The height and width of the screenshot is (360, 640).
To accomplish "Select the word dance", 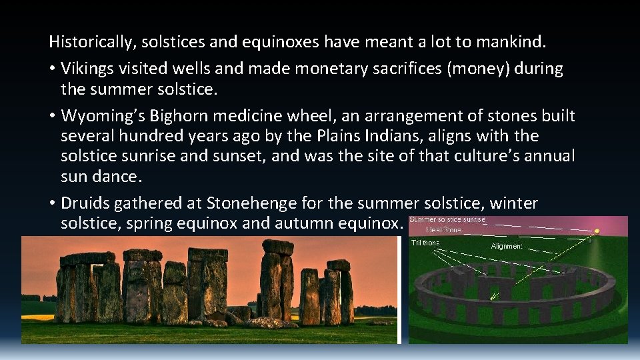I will click(x=123, y=177).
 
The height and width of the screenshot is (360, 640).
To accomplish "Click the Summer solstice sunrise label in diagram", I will click(x=448, y=220).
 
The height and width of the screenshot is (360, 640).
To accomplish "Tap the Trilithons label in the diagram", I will click(x=425, y=243).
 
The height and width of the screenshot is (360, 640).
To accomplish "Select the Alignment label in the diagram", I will click(x=507, y=246).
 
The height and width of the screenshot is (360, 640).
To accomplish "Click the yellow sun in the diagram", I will click(x=596, y=231).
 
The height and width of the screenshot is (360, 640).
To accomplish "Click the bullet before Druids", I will click(x=52, y=203).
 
